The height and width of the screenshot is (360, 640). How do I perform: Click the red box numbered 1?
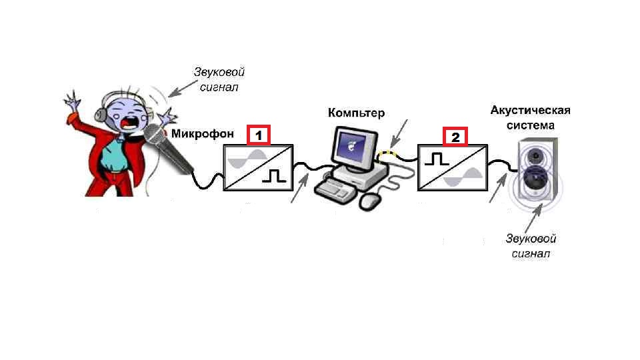(x=259, y=135)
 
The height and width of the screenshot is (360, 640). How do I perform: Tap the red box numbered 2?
(x=455, y=136)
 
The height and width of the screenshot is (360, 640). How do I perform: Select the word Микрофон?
(x=203, y=134)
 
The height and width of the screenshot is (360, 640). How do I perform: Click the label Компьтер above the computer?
(x=356, y=113)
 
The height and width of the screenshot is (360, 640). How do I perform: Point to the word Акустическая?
(x=530, y=110)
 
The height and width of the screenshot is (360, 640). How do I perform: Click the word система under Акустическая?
(x=530, y=125)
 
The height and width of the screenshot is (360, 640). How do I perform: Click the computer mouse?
(x=371, y=201)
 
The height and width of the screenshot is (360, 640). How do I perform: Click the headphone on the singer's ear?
(x=101, y=113)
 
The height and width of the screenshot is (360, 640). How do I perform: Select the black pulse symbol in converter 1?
(x=274, y=176)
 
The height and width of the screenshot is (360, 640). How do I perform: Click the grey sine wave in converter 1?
(x=247, y=159)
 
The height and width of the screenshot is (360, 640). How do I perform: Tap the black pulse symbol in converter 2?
(x=437, y=159)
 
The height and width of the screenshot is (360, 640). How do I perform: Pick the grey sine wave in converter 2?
(x=463, y=177)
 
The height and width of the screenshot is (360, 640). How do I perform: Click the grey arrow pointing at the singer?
(x=183, y=89)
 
